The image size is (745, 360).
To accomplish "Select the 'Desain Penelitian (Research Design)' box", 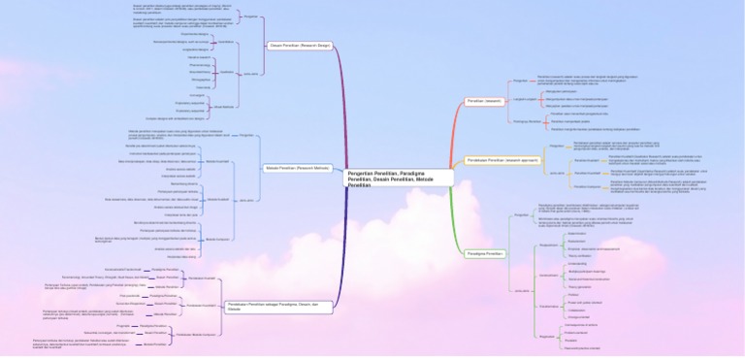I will point(297,45).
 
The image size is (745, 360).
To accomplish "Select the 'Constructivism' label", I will point(549,276).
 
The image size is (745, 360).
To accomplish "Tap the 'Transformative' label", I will point(549,307).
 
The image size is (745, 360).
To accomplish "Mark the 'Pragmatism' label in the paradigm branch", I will point(547,337).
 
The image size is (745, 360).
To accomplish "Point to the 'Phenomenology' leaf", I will point(198,65).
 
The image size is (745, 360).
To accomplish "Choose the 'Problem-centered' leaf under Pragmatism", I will point(578,333).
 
